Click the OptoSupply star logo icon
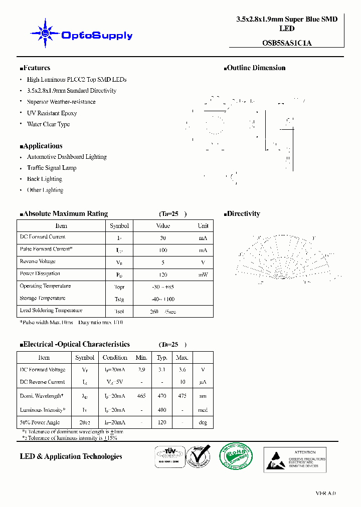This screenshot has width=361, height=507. [x=45, y=34]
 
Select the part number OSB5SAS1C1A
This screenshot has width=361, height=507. [x=287, y=43]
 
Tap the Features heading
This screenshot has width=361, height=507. [x=35, y=68]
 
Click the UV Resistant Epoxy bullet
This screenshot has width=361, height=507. [x=52, y=113]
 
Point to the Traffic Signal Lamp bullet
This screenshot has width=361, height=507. [x=52, y=168]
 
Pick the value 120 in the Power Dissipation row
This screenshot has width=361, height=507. [x=162, y=275]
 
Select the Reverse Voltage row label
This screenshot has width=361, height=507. [x=38, y=262]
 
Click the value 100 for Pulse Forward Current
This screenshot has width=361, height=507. [x=162, y=249]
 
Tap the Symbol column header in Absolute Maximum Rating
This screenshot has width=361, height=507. [x=119, y=226]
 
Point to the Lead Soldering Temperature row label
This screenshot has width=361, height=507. [x=51, y=311]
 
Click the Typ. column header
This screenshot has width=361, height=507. [x=162, y=358]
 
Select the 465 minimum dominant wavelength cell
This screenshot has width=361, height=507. [x=141, y=396]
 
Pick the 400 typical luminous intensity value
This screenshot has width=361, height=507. [x=162, y=410]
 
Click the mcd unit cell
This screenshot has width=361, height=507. [x=203, y=410]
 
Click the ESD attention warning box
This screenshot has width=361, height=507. [x=295, y=459]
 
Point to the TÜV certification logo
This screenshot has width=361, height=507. [x=168, y=457]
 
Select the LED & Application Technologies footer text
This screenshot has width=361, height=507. [x=71, y=456]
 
